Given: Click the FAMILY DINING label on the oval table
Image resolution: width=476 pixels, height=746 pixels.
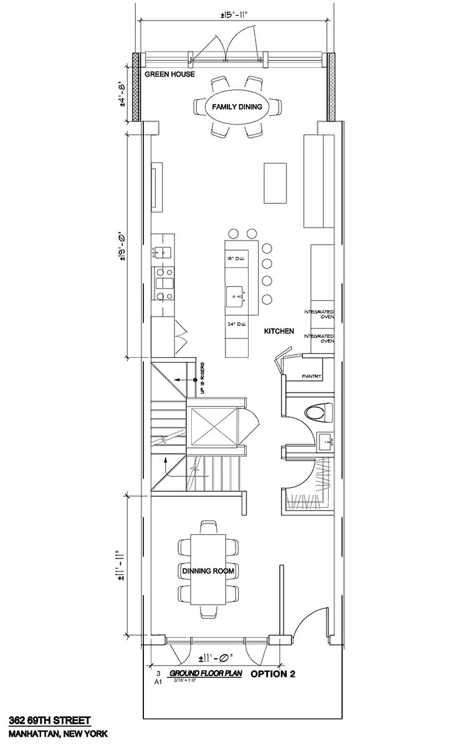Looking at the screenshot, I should pos(237,107).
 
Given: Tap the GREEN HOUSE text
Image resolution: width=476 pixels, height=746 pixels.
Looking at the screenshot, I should pos(169,74).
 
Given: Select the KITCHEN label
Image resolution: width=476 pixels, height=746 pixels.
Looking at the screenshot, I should pos(278,332).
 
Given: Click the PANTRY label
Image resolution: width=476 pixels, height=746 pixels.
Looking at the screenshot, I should pos(311,376).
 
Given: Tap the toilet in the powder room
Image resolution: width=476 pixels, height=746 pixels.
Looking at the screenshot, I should pos(318,411).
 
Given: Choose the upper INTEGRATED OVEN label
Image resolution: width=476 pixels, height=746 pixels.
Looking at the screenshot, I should pos(319,314).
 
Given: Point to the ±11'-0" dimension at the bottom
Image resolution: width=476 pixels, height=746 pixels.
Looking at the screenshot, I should pos(214,657).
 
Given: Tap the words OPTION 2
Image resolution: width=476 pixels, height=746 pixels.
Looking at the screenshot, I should pos(272,674).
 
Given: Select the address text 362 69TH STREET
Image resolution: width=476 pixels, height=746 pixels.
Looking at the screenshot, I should pos(45,721).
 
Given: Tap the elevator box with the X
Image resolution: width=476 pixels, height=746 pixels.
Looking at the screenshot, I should pos(213,426).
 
